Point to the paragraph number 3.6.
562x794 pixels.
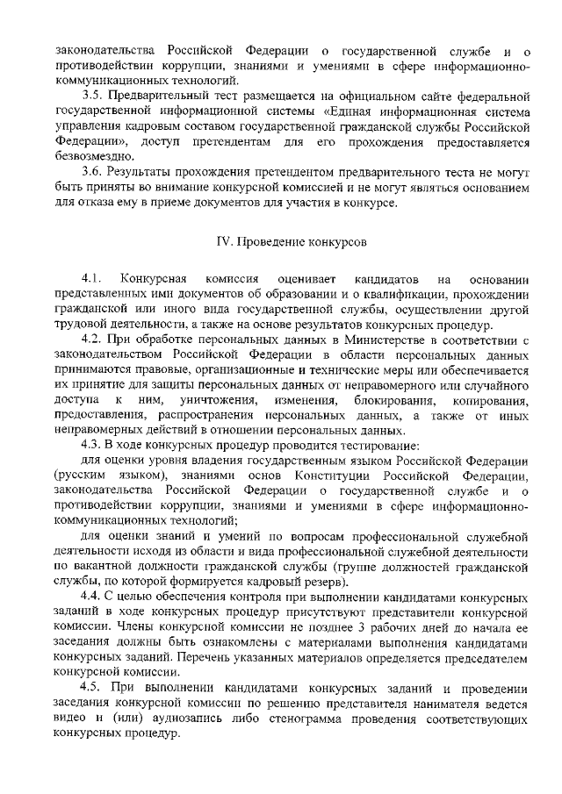pos(94,171)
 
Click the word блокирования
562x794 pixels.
pos(395,399)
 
